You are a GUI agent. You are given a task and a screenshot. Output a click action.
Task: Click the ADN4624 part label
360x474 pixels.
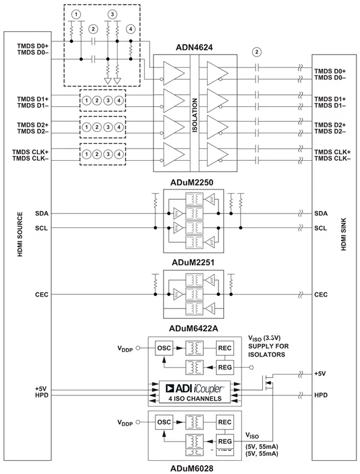click(196, 46)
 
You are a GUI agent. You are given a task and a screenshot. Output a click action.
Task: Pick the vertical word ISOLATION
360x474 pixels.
click(194, 113)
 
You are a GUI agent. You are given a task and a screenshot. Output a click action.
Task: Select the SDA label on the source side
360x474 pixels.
click(42, 214)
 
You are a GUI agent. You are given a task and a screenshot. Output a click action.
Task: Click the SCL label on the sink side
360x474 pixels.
click(321, 228)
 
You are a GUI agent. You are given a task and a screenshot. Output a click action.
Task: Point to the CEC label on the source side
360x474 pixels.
click(42, 295)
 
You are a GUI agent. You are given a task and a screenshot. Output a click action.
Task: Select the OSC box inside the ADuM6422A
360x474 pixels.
click(164, 348)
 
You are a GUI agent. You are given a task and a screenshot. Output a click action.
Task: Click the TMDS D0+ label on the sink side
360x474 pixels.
click(329, 71)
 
